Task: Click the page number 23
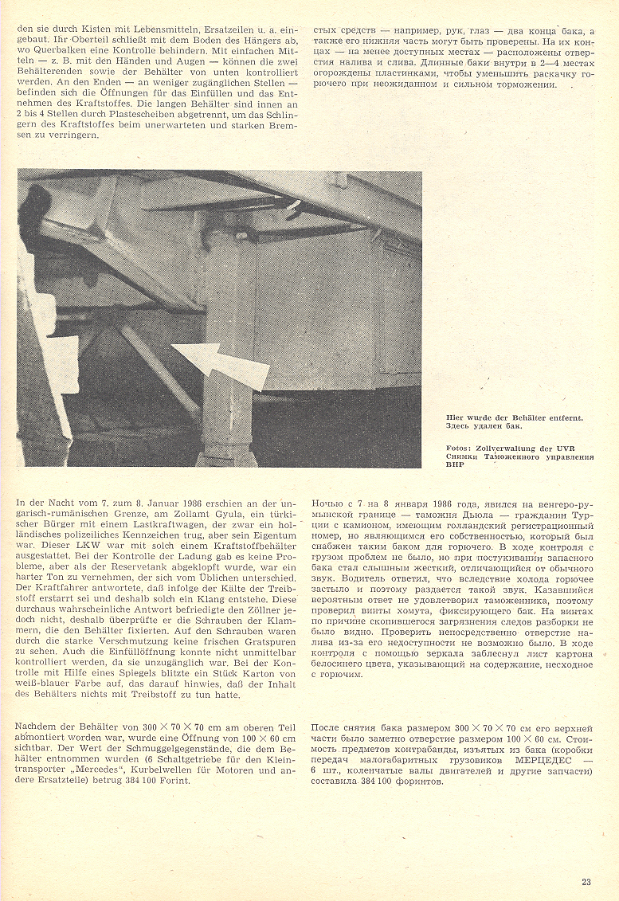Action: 586,881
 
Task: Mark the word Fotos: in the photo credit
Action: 461,448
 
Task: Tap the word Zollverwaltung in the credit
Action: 510,448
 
